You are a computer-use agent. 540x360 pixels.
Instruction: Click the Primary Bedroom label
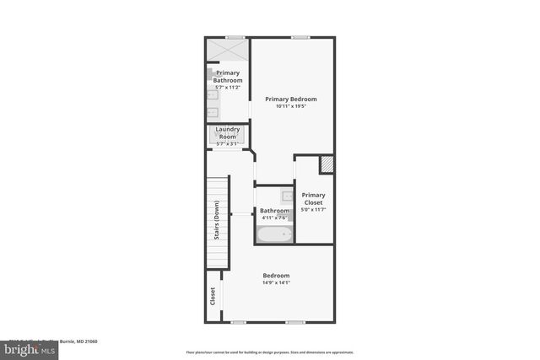[290, 99]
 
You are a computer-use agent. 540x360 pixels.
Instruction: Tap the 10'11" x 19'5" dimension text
[290, 106]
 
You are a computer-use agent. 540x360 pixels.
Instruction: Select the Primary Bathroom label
[228, 77]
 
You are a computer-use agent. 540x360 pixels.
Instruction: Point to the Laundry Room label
[228, 132]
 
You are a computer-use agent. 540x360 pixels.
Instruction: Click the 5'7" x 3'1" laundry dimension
[228, 143]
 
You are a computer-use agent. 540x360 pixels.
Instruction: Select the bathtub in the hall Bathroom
[274, 234]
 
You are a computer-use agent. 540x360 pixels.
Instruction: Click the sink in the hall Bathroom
[286, 196]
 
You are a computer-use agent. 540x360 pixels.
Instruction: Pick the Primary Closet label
[314, 199]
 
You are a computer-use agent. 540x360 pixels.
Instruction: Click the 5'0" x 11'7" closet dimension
[314, 209]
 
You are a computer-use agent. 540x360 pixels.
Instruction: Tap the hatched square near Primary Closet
[327, 164]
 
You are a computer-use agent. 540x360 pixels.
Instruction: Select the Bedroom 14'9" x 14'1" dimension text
[276, 283]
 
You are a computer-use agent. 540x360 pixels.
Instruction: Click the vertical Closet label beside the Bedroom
[213, 295]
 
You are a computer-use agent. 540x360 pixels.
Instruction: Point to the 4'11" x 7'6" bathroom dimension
[274, 218]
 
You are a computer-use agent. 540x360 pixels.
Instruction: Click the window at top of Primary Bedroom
[300, 37]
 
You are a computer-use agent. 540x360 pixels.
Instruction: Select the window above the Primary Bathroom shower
[235, 37]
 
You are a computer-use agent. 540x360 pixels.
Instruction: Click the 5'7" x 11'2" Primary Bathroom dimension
[228, 87]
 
